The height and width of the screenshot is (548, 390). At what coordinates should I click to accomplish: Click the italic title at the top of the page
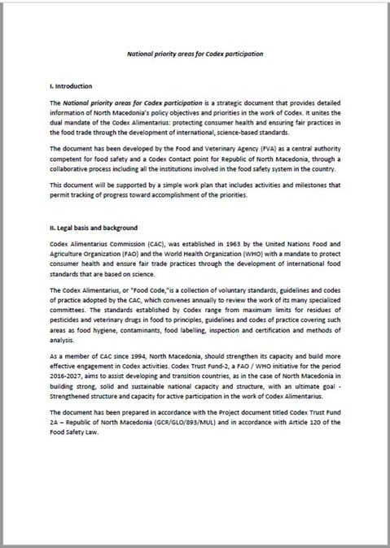tap(195, 54)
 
